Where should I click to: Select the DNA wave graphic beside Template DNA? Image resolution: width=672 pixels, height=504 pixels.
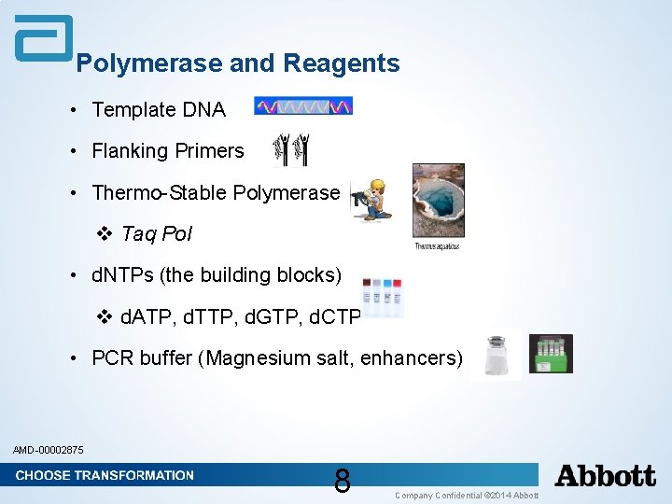click(303, 106)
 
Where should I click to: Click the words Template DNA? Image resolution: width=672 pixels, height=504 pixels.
click(159, 110)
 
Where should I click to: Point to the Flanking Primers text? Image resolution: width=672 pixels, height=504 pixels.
click(168, 151)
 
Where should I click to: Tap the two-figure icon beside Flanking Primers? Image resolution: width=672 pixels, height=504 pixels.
click(289, 149)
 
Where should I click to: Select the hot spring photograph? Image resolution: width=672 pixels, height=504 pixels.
click(438, 200)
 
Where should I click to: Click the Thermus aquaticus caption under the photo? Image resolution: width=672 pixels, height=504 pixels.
click(437, 246)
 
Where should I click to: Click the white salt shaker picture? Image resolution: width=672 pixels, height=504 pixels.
click(496, 355)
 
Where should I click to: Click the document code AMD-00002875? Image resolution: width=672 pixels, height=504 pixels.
click(49, 451)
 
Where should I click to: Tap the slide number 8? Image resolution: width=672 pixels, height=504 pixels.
click(342, 481)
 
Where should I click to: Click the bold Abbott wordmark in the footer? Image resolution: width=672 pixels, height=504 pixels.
click(605, 476)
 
